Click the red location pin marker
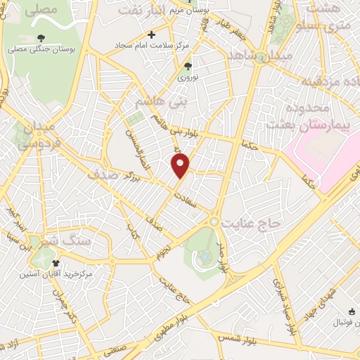coord(181,166)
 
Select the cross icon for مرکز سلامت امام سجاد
coord(151,34)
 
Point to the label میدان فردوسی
coord(28,136)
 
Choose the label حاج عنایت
coord(252,223)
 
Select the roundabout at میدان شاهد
coord(262,58)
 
